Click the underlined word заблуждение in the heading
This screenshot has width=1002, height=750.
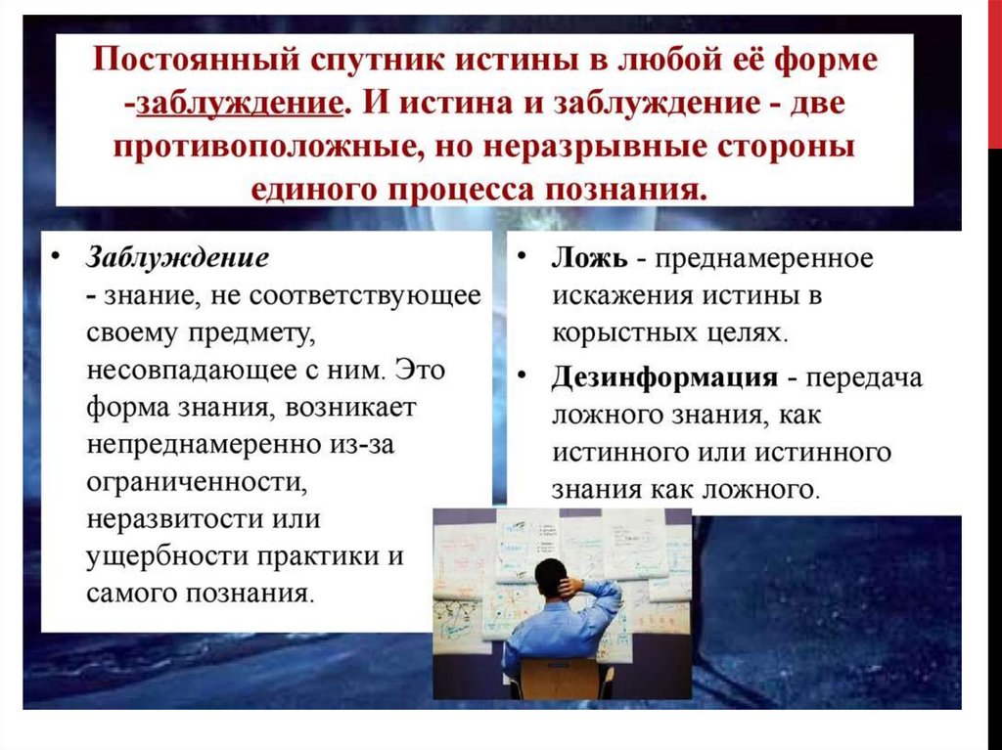click(240, 104)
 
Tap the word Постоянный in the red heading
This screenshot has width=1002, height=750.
click(196, 60)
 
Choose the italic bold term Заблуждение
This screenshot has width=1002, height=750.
click(178, 258)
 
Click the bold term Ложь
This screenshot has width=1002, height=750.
click(590, 258)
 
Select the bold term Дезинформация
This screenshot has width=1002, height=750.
click(664, 377)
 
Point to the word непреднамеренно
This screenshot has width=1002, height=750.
click(204, 445)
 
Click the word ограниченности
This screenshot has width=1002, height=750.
click(197, 482)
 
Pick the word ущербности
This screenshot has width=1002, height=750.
click(167, 556)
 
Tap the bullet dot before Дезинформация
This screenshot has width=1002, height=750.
click(523, 375)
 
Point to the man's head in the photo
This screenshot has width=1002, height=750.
click(551, 578)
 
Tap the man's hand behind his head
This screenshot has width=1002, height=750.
click(570, 586)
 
